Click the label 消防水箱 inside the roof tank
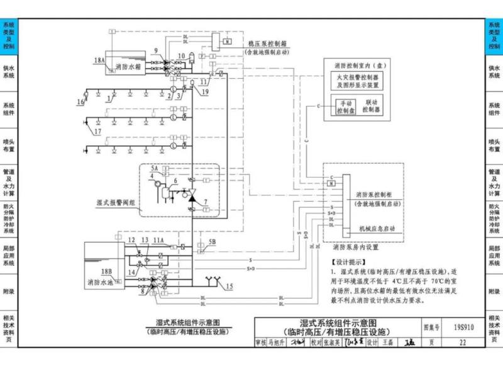point(129,66)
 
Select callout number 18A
point(99,60)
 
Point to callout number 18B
point(106,272)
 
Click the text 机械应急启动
point(377,228)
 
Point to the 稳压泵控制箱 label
point(267,45)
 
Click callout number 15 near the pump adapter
point(228,287)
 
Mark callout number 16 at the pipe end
point(80,101)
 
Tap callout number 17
point(97,132)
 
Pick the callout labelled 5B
point(212,242)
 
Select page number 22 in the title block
point(463,343)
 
